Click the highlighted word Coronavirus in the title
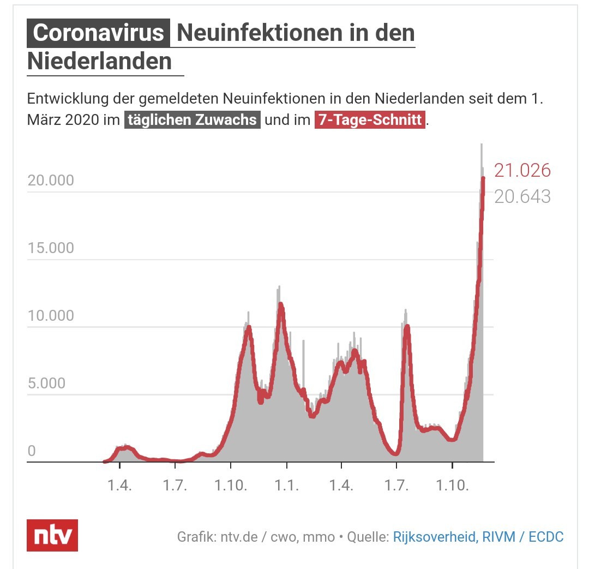coord(98,33)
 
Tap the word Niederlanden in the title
coord(100,61)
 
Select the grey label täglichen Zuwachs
coord(193,120)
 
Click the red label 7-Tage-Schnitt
coord(370,120)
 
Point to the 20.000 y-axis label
coord(51,181)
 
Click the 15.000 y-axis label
coord(51,248)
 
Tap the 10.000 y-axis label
coord(51,316)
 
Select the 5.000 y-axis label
coord(46,384)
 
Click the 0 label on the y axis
coord(32,451)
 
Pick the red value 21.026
coord(522,170)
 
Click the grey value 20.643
coord(522,196)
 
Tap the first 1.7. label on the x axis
coord(175,485)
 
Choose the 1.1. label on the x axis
coord(287,485)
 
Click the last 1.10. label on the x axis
coord(452,485)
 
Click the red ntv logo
coord(52,535)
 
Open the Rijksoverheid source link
coord(435,537)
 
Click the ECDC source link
coord(546,537)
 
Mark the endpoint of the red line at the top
coord(483,178)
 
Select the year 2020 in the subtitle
coord(82,120)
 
